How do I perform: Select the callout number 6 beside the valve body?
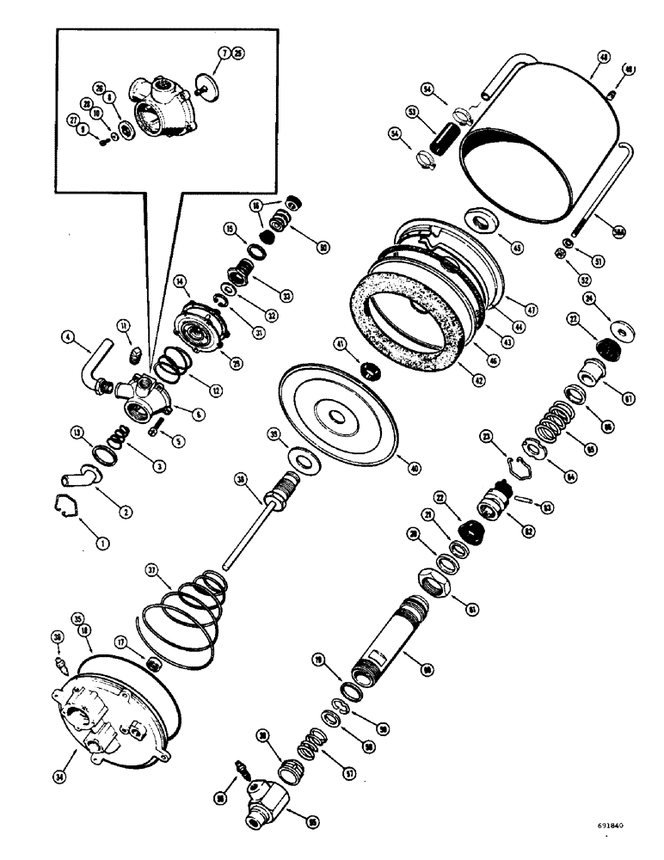tap(199, 415)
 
